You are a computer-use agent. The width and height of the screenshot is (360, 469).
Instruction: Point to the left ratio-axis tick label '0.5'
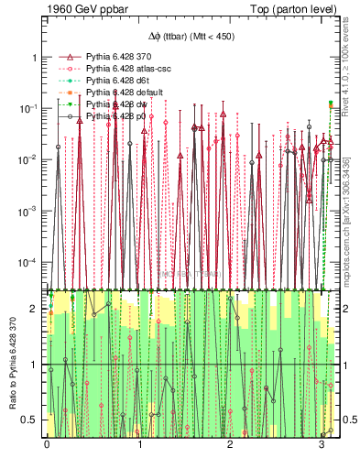point(31,420)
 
